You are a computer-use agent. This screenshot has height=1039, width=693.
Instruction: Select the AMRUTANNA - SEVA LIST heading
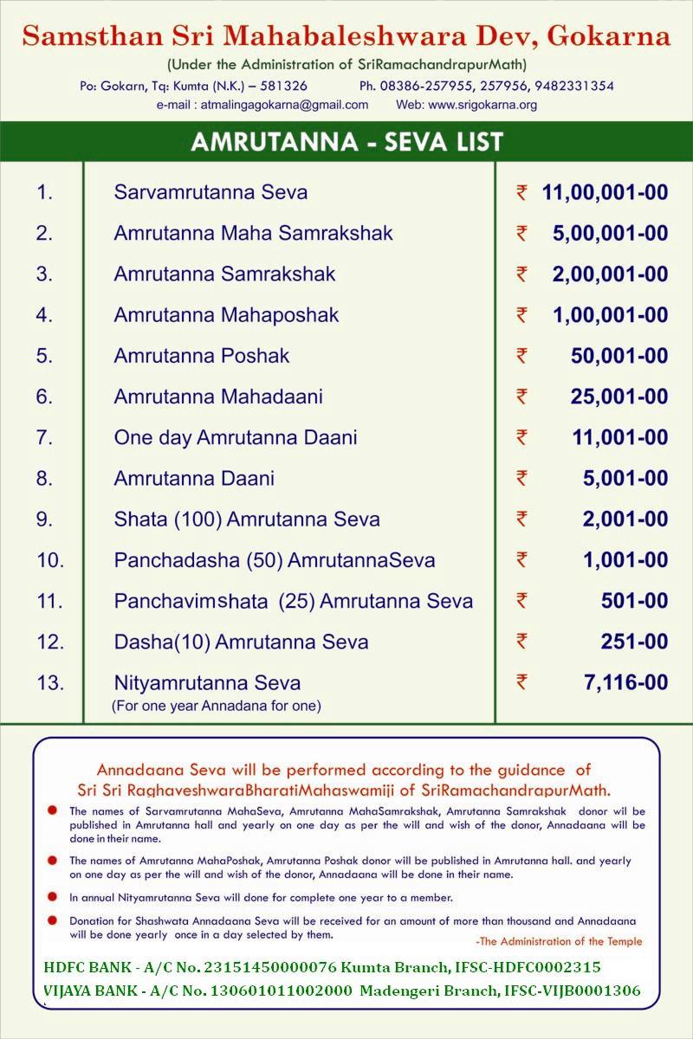346,142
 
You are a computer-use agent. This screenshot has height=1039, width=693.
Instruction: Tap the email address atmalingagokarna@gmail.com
284,105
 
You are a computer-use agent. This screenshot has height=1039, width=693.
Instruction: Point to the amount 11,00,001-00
605,192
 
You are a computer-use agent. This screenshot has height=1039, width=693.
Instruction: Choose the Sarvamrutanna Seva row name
210,192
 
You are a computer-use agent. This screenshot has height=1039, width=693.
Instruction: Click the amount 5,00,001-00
610,233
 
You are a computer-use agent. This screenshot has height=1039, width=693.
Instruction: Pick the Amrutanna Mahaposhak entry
226,315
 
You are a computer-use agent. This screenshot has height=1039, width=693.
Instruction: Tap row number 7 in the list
44,438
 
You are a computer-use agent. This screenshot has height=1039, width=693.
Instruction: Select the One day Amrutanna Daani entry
236,438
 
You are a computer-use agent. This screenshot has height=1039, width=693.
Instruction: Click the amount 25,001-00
619,397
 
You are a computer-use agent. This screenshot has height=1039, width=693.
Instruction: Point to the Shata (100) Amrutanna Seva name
247,519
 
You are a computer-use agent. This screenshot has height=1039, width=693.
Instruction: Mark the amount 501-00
634,601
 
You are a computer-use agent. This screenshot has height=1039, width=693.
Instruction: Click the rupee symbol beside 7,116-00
521,682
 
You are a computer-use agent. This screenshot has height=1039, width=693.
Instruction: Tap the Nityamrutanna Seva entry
207,683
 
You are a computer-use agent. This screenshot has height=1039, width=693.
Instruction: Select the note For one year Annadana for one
217,706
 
